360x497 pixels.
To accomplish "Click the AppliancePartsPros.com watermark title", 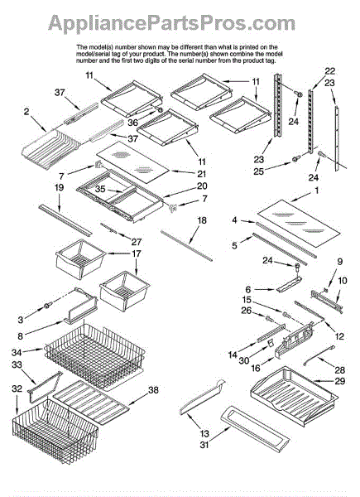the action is pyautogui.click(x=171, y=23).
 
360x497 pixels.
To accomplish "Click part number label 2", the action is pyautogui.click(x=26, y=112).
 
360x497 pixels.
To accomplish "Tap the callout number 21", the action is pyautogui.click(x=201, y=174).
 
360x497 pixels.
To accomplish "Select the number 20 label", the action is pyautogui.click(x=202, y=186).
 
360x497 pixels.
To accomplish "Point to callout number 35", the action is pyautogui.click(x=100, y=189).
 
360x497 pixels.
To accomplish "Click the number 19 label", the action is pyautogui.click(x=60, y=188).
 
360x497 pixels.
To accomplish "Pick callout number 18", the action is pyautogui.click(x=202, y=220).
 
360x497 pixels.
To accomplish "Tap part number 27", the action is pyautogui.click(x=137, y=242).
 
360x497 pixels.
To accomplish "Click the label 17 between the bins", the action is pyautogui.click(x=137, y=253).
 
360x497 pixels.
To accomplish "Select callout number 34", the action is pyautogui.click(x=17, y=353).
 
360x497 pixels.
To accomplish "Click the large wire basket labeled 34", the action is pyautogui.click(x=95, y=356).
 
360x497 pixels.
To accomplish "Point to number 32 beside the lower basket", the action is pyautogui.click(x=17, y=388).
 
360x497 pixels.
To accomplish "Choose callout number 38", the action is pyautogui.click(x=153, y=389).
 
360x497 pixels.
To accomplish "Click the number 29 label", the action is pyautogui.click(x=340, y=381).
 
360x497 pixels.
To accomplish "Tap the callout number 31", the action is pyautogui.click(x=204, y=445).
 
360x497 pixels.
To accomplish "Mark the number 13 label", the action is pyautogui.click(x=204, y=433).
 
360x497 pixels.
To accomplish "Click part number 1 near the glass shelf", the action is pyautogui.click(x=317, y=191).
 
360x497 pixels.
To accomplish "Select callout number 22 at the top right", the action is pyautogui.click(x=329, y=71).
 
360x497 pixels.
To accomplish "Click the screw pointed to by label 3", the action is pyautogui.click(x=48, y=306).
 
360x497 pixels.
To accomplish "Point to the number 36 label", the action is pyautogui.click(x=133, y=122).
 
